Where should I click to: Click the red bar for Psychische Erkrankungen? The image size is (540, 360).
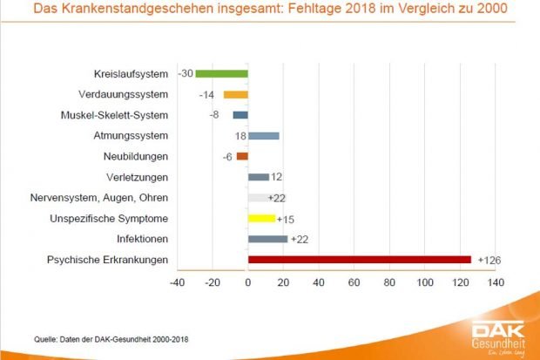click(359, 260)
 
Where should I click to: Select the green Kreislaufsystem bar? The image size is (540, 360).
click(221, 74)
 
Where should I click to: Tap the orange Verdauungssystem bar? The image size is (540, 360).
click(235, 94)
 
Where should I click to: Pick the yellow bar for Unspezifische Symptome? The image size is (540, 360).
click(261, 218)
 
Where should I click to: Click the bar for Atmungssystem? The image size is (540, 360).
click(263, 136)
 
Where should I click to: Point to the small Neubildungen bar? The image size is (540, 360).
click(242, 157)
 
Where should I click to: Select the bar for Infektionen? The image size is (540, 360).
click(267, 239)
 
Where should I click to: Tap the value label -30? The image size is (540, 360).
click(185, 74)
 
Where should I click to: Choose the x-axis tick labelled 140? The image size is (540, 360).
click(496, 283)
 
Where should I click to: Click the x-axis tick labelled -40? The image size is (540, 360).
click(176, 283)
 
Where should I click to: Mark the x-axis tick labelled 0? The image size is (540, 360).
click(248, 283)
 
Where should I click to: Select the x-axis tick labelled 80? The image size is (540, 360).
click(389, 283)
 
